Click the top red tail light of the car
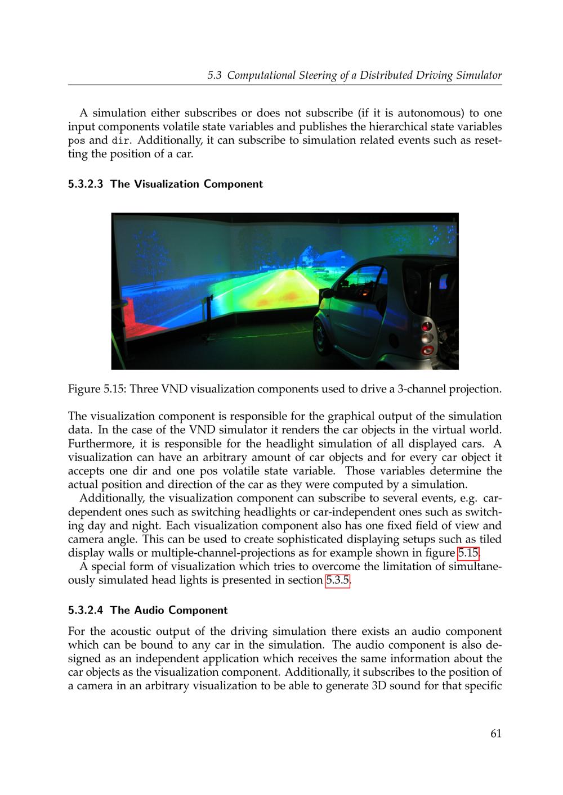pyautogui.click(x=426, y=326)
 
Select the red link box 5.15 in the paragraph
pyautogui.click(x=468, y=553)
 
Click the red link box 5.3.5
pyautogui.click(x=338, y=580)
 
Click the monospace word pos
pyautogui.click(x=77, y=141)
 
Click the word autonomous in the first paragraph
pyautogui.click(x=423, y=113)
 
